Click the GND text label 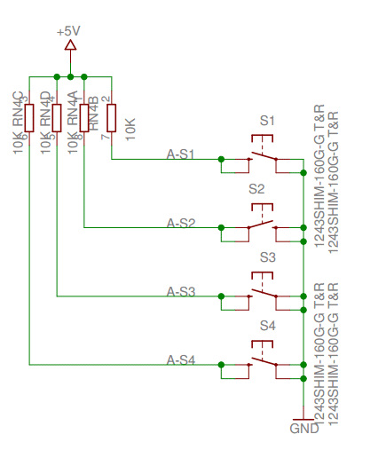[x=303, y=429]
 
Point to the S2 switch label [x=256, y=188]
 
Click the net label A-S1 [x=181, y=154]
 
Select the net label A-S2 [x=181, y=222]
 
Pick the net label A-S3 [x=181, y=290]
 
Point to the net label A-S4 [x=181, y=359]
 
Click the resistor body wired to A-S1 [x=111, y=118]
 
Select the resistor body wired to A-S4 [x=29, y=118]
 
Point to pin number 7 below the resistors [x=105, y=137]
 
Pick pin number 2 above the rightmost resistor [x=105, y=99]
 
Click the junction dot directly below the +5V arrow [x=70, y=75]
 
